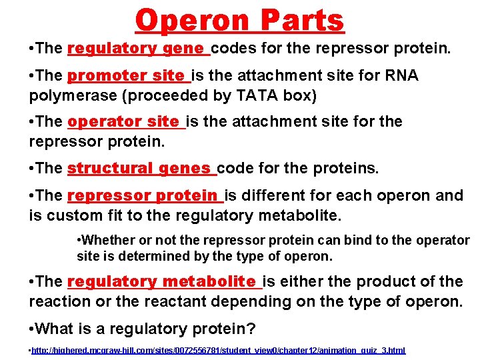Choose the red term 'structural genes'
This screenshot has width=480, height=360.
(x=141, y=168)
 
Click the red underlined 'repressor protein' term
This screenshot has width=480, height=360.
(x=145, y=195)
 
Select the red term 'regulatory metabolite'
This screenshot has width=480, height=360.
(x=163, y=281)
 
